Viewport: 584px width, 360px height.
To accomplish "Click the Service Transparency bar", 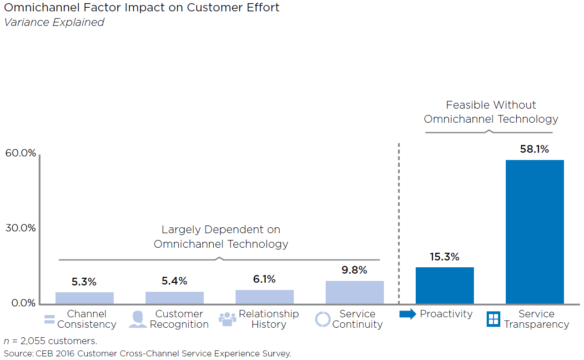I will pyautogui.click(x=534, y=232).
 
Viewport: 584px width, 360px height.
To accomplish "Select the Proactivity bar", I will pyautogui.click(x=444, y=285).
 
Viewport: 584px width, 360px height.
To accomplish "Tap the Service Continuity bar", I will pyautogui.click(x=354, y=292).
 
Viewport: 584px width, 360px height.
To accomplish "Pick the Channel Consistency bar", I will pyautogui.click(x=84, y=298).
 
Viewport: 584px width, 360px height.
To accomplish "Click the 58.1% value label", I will pyautogui.click(x=534, y=149).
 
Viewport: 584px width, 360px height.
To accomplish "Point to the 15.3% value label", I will pyautogui.click(x=444, y=257).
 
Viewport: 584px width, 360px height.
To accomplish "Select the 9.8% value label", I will pyautogui.click(x=354, y=270).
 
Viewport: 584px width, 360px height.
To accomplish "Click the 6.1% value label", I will pyautogui.click(x=264, y=279).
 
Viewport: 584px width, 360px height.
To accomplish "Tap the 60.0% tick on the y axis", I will pyautogui.click(x=20, y=153).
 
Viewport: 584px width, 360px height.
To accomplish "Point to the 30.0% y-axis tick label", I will pyautogui.click(x=20, y=228).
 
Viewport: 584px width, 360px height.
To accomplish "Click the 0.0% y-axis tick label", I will pyautogui.click(x=20, y=303).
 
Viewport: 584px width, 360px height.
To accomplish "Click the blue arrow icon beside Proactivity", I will pyautogui.click(x=408, y=314).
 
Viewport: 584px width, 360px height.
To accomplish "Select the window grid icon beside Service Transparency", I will pyautogui.click(x=493, y=319).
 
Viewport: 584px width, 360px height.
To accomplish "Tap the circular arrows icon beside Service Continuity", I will pyautogui.click(x=322, y=319).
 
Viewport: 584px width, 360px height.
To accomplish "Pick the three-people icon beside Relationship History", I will pyautogui.click(x=227, y=319).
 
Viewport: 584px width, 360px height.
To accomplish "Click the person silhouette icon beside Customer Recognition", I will pyautogui.click(x=137, y=319).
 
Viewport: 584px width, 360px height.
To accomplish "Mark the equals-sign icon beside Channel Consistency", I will pyautogui.click(x=49, y=319).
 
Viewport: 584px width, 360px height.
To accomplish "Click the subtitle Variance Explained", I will pyautogui.click(x=54, y=22).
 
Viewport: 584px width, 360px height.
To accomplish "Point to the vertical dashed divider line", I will pyautogui.click(x=399, y=223).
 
